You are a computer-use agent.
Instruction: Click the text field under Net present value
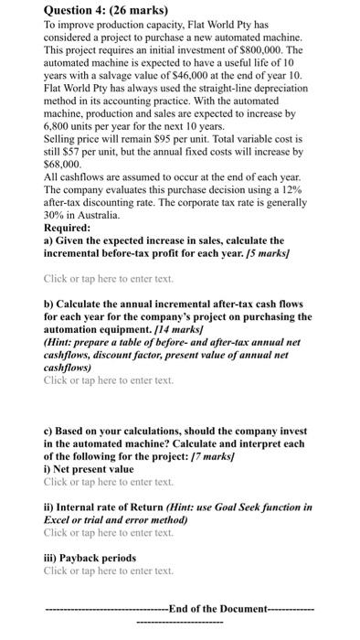pyautogui.click(x=108, y=481)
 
